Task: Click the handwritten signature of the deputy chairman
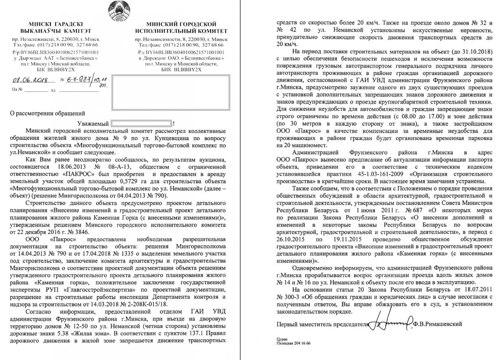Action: point(391,323)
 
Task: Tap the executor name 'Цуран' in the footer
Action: point(281,340)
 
